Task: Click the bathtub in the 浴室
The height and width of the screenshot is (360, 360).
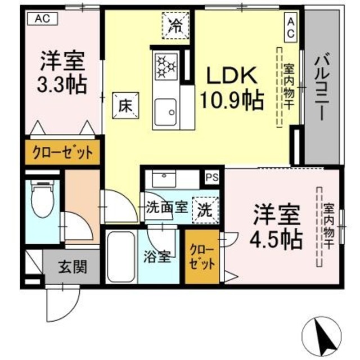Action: (120, 257)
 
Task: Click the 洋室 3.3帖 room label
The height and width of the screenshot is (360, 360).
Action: (62, 71)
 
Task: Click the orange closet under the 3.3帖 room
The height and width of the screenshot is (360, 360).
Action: (61, 152)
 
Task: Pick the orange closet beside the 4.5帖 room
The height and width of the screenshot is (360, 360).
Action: (201, 257)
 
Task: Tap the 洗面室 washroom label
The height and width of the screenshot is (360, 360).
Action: (166, 206)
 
